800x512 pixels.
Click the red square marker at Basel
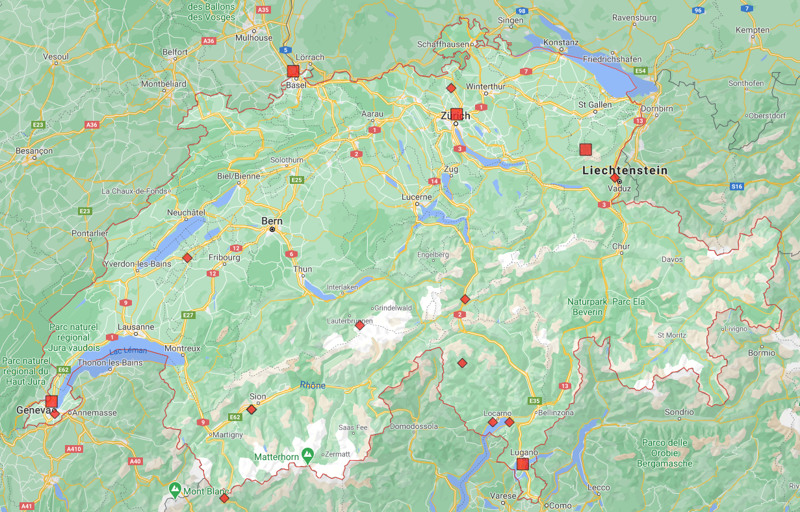293,71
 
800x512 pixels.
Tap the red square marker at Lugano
523,464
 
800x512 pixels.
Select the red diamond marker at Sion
252,409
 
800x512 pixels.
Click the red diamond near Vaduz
614,177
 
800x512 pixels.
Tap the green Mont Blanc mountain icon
174,488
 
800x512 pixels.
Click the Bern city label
272,221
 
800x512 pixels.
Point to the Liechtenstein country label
625,170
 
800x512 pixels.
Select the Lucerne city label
417,197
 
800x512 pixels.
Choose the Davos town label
672,259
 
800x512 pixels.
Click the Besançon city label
34,151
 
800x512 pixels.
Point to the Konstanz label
560,42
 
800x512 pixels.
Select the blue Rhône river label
313,385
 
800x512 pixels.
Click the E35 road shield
535,401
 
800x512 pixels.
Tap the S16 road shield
736,186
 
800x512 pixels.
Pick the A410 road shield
73,449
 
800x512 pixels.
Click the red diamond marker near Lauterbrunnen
359,326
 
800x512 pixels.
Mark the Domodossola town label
414,426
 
